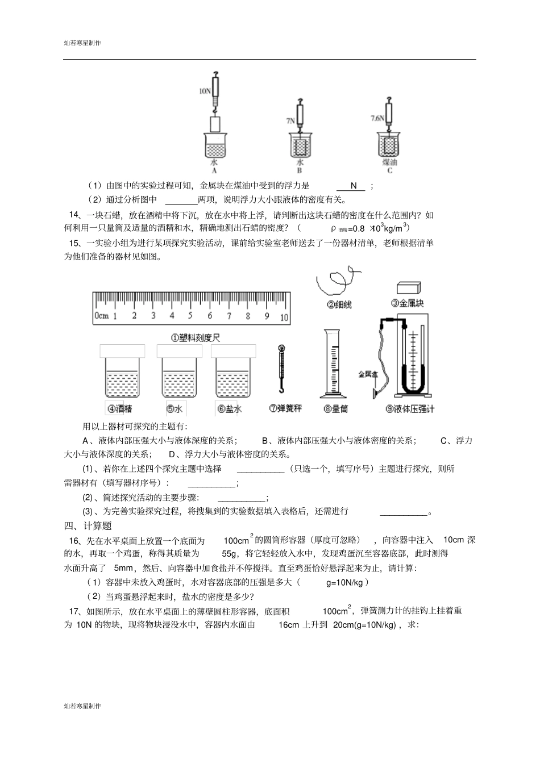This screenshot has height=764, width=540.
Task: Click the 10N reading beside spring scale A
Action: point(205,90)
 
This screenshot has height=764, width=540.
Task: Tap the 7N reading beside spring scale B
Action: point(290,121)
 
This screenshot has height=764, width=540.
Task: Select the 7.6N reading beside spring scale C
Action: point(376,118)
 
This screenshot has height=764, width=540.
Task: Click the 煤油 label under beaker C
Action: point(389,162)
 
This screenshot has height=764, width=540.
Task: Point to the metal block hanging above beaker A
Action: point(214,124)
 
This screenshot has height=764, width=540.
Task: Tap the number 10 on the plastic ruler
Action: point(284,316)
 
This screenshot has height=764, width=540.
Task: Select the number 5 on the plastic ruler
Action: point(190,316)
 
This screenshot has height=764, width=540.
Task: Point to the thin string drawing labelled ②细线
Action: point(335,281)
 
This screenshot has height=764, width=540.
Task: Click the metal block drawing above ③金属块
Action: point(408,289)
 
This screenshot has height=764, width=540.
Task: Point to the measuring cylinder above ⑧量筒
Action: point(335,364)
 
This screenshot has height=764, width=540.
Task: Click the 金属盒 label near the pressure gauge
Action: point(367,374)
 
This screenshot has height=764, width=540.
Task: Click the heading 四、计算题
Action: point(88,525)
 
